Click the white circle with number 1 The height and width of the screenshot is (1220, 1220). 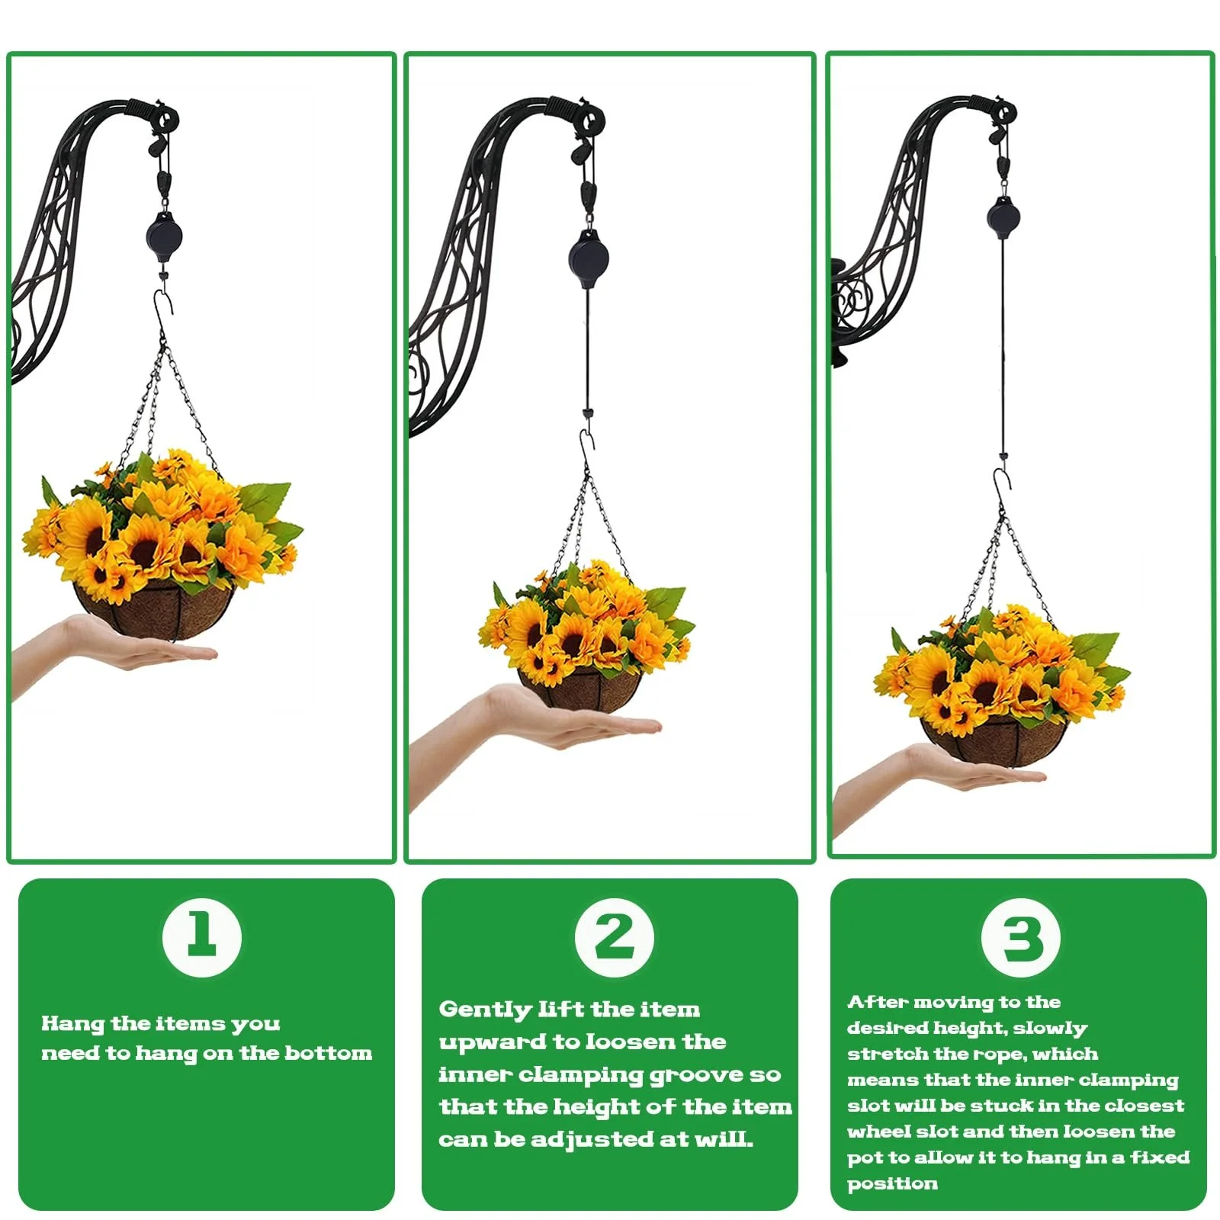pyautogui.click(x=202, y=937)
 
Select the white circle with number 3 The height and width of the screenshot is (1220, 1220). pyautogui.click(x=1021, y=937)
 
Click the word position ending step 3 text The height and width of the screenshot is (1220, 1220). pyautogui.click(x=892, y=1184)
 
